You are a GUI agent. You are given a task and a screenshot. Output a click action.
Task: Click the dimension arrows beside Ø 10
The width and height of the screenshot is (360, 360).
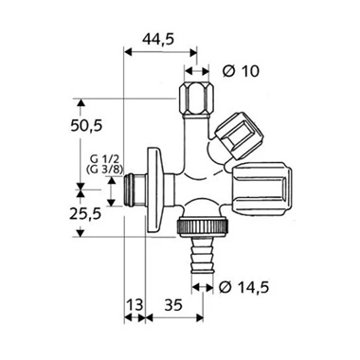(x=198, y=72)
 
